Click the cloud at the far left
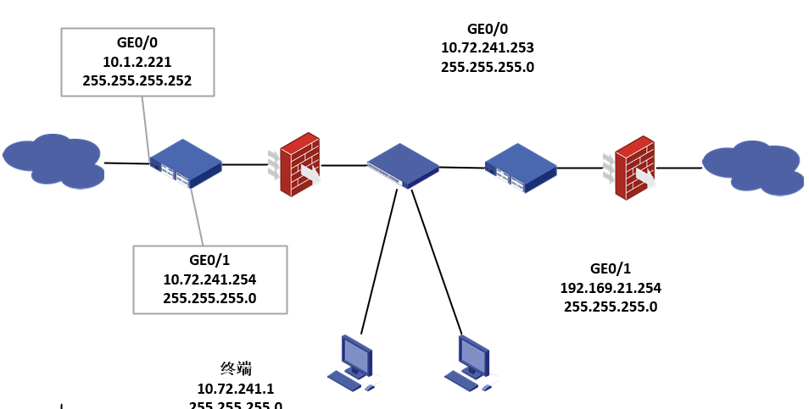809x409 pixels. coord(53,160)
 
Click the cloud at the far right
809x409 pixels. coord(752,168)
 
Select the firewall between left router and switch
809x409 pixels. coord(298,164)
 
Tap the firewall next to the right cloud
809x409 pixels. coord(633,168)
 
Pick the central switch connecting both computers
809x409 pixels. coord(403,165)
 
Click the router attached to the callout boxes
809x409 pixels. coord(186,163)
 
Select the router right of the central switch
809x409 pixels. coord(521,167)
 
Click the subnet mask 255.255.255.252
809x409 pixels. coord(137,81)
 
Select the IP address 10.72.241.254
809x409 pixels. coord(209,279)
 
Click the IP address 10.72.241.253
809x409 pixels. coord(488,47)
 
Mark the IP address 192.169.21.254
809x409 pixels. coord(611,288)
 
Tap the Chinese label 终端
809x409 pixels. coord(236,368)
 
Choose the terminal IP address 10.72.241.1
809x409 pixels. coord(236,389)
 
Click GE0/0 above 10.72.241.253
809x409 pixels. coord(488,29)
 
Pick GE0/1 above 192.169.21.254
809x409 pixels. coord(611,268)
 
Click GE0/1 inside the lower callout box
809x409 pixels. coord(209,261)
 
